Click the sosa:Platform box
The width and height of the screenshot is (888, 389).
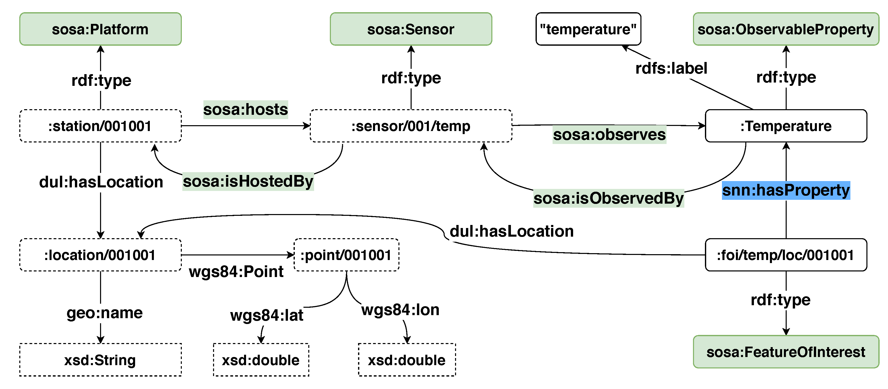point(100,29)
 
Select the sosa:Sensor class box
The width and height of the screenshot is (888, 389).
point(411,29)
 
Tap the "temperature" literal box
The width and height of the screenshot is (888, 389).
point(588,29)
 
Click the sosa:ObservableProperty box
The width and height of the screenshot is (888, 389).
point(786,29)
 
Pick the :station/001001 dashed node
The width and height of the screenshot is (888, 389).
point(100,126)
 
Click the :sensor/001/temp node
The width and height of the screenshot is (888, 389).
point(411,126)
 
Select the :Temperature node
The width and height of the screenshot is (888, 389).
point(786,126)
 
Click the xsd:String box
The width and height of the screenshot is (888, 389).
point(100,360)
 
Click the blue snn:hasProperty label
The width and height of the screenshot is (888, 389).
point(786,190)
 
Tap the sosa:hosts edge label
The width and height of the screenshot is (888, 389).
point(246,110)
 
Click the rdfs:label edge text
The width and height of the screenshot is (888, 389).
point(671,68)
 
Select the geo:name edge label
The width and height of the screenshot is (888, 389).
point(104,313)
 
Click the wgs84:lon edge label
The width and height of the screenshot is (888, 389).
point(400,310)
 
